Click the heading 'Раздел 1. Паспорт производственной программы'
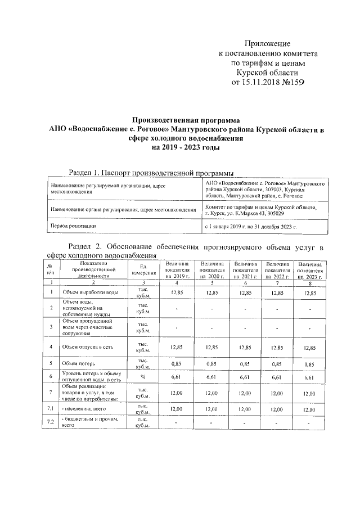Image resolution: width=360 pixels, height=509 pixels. coord(151,173)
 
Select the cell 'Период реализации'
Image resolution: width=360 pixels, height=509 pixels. coord(73,226)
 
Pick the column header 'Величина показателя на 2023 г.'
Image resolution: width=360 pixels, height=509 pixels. coord(310,270)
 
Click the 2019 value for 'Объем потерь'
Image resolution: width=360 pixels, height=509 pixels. coord(177,363)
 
